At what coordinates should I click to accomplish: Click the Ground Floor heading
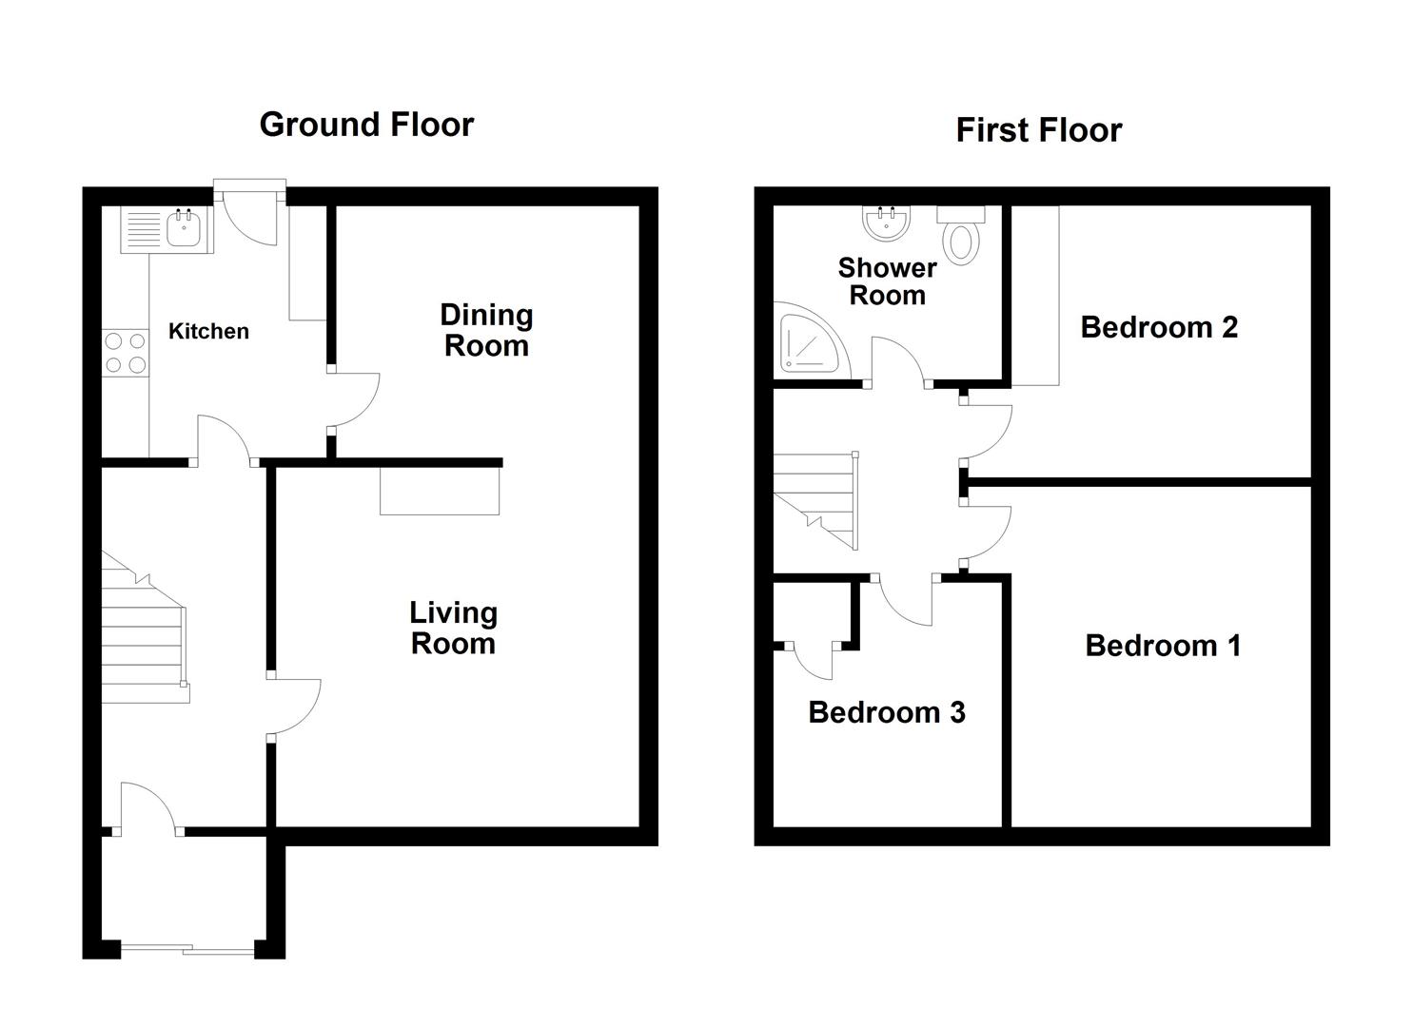tap(366, 125)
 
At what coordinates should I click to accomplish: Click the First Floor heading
tap(1039, 130)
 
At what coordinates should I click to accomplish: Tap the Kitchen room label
tap(208, 331)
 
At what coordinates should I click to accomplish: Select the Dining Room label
tap(486, 330)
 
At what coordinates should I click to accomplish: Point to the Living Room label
tap(454, 628)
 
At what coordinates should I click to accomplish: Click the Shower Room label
tap(887, 281)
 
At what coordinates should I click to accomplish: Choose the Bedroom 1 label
tap(1163, 646)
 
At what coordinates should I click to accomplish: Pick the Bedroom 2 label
tap(1159, 327)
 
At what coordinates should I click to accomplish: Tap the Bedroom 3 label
tap(887, 712)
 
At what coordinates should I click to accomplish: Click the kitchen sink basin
tap(185, 229)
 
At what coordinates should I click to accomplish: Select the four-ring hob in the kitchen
tap(126, 353)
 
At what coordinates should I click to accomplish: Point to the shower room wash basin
tap(886, 223)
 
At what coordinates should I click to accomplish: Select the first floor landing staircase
tap(816, 500)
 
